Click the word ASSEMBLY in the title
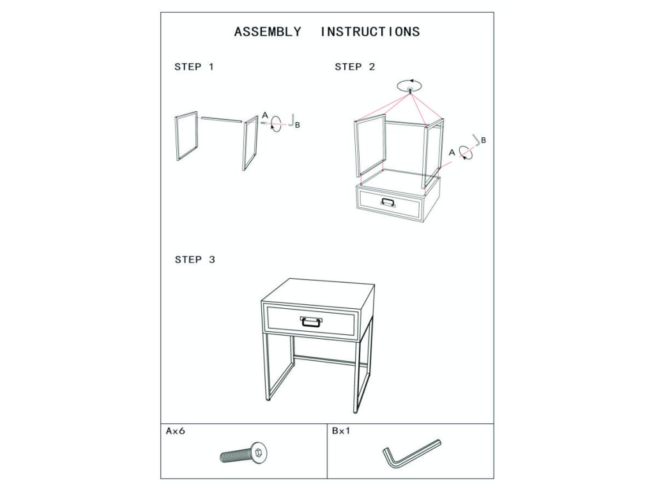(268, 32)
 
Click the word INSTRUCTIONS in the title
(370, 32)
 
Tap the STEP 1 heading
(194, 66)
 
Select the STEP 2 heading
(355, 66)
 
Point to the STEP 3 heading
(195, 260)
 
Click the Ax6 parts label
(175, 431)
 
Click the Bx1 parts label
(341, 431)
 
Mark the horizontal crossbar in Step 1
(221, 120)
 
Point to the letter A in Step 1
(265, 115)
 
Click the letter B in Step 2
(483, 140)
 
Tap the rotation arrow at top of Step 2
(409, 86)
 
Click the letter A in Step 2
(452, 153)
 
